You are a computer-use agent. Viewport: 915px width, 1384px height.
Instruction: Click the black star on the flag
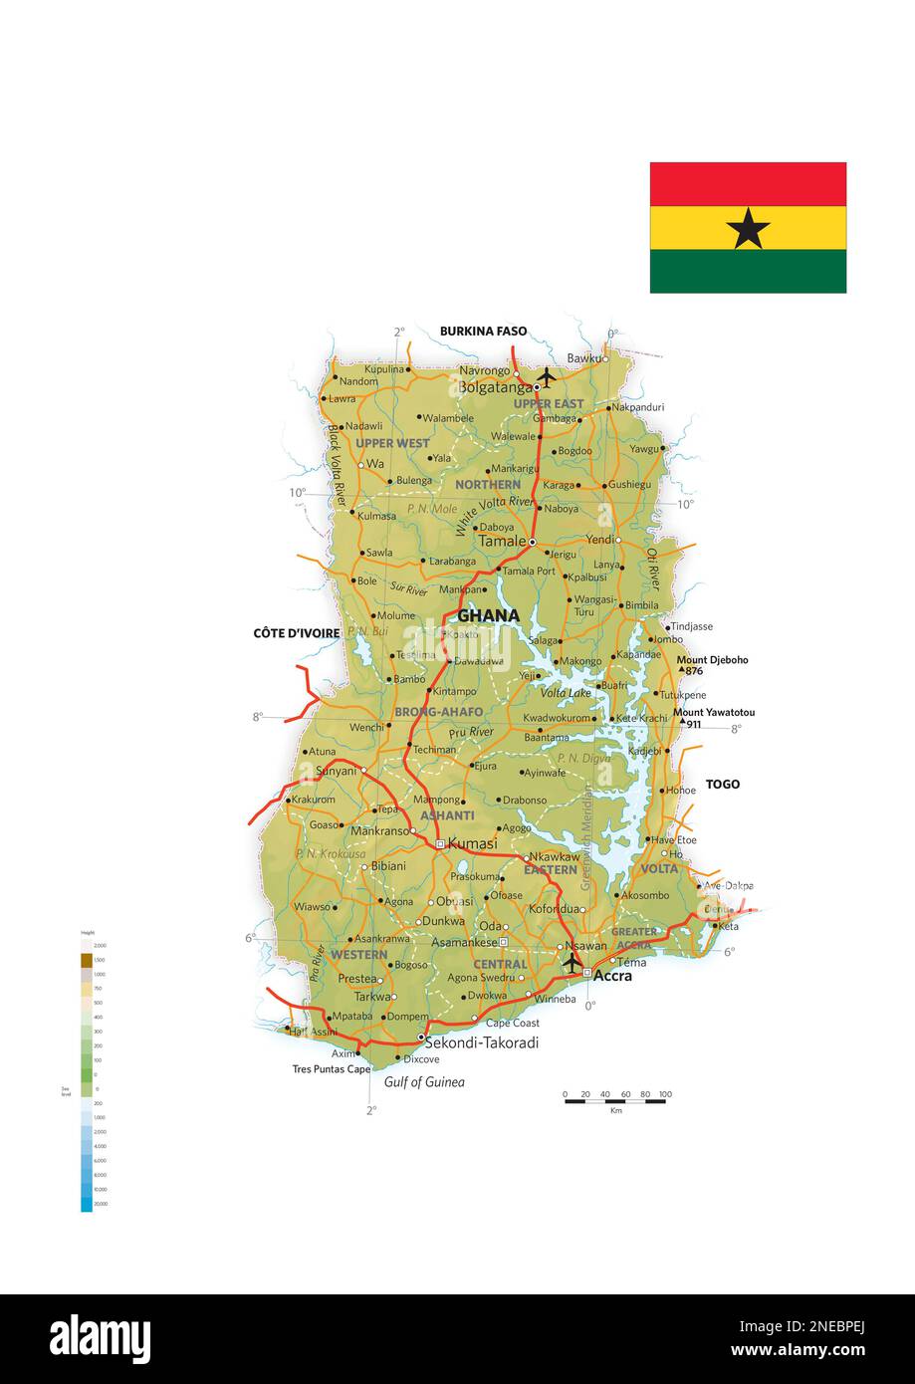pyautogui.click(x=748, y=229)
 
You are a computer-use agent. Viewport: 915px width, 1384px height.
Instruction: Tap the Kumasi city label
pyautogui.click(x=472, y=843)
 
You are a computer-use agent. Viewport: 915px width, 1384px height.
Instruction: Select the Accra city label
pyautogui.click(x=612, y=976)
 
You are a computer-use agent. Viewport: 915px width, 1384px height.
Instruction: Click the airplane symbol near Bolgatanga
pyautogui.click(x=545, y=378)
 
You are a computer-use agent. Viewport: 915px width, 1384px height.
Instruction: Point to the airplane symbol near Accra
pyautogui.click(x=572, y=963)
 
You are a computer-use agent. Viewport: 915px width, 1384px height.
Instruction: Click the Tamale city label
pyautogui.click(x=502, y=541)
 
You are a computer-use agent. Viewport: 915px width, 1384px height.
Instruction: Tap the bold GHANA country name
pyautogui.click(x=488, y=615)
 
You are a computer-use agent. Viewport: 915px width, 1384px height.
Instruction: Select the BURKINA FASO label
pyautogui.click(x=483, y=332)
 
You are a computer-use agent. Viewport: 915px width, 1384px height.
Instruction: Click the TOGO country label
pyautogui.click(x=723, y=785)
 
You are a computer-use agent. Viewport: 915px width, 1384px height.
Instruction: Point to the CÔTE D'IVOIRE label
pyautogui.click(x=297, y=633)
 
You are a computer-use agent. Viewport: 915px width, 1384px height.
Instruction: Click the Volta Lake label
pyautogui.click(x=566, y=692)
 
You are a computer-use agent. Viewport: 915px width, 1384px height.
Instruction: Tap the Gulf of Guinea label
pyautogui.click(x=424, y=1082)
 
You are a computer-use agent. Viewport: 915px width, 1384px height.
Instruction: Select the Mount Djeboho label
pyautogui.click(x=712, y=660)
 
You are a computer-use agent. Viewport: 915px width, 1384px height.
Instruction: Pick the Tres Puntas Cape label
pyautogui.click(x=332, y=1069)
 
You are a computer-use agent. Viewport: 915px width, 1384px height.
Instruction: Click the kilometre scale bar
pyautogui.click(x=614, y=1100)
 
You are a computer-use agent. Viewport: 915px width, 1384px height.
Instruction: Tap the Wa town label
pyautogui.click(x=375, y=464)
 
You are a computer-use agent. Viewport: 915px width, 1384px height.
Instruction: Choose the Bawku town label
pyautogui.click(x=585, y=358)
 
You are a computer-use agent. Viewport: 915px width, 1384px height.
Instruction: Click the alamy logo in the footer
pyautogui.click(x=101, y=1339)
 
